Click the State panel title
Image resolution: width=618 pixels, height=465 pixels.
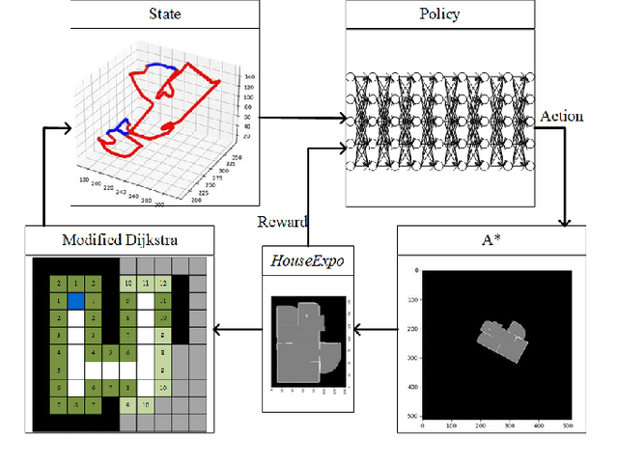(164, 14)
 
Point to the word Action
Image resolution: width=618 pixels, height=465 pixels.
(562, 116)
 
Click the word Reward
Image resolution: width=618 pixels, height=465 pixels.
(282, 223)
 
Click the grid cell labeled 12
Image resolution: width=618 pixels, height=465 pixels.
(163, 284)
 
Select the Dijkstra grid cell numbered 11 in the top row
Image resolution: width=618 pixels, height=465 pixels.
(146, 284)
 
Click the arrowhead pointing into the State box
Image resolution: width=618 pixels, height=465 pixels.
(67, 125)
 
